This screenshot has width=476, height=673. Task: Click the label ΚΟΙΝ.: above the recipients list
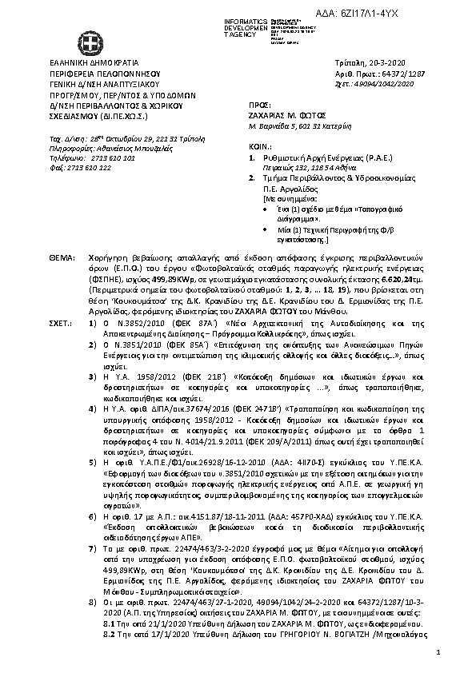(x=258, y=147)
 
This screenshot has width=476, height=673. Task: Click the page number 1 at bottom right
(x=439, y=654)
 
